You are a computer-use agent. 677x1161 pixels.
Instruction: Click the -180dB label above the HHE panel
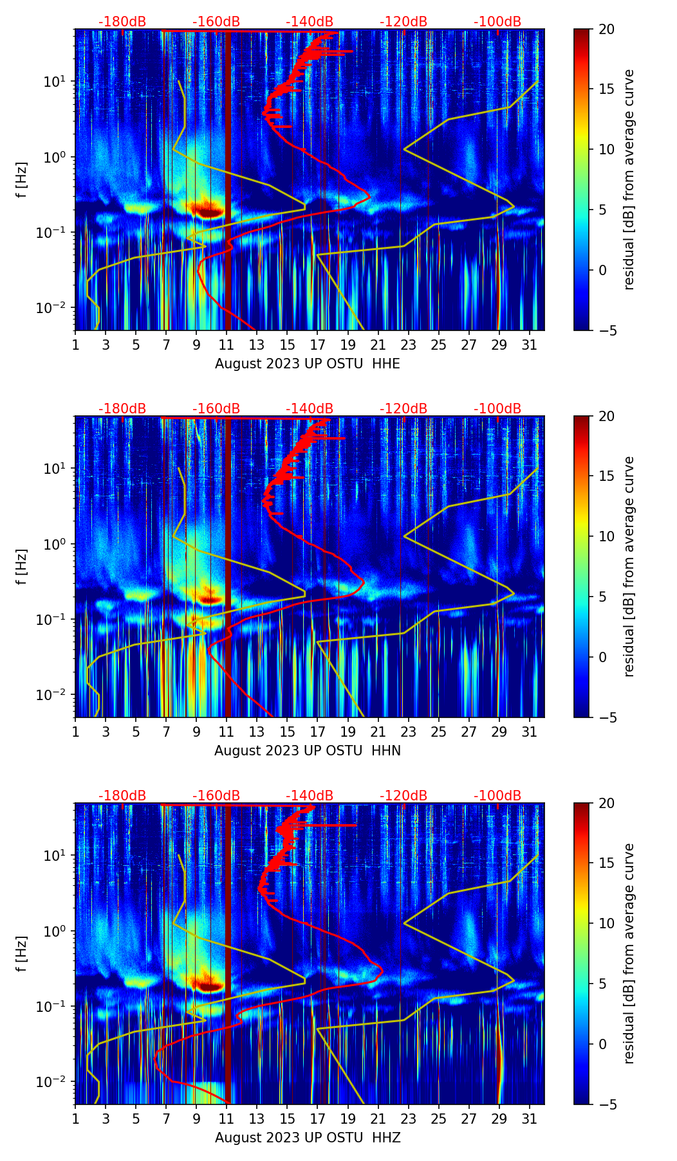click(122, 22)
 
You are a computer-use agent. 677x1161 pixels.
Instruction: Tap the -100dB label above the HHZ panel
click(497, 796)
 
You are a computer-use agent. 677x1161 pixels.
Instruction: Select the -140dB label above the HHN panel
click(310, 409)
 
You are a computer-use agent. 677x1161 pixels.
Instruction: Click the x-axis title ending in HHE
click(308, 364)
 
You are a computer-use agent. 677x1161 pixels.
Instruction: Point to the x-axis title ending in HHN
click(308, 751)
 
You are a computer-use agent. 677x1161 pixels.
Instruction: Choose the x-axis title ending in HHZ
click(308, 1138)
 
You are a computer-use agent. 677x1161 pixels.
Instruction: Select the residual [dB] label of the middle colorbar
click(629, 566)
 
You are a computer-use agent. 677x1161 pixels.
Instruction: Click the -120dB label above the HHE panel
click(403, 22)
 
